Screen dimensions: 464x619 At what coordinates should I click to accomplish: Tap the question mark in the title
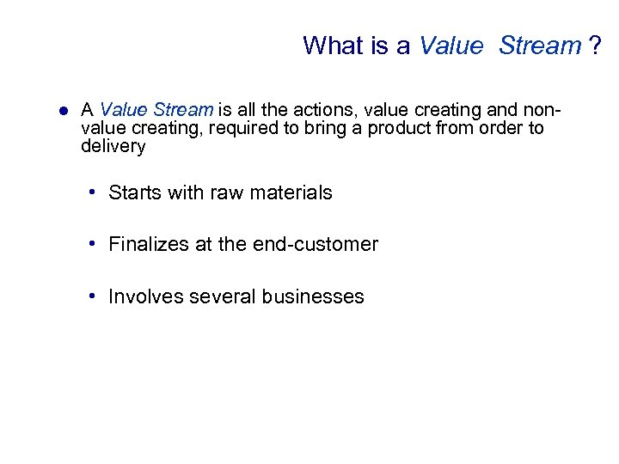coord(595,45)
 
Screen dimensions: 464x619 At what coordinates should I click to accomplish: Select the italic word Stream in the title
coord(539,45)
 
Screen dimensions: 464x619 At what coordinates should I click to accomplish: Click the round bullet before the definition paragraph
coord(62,111)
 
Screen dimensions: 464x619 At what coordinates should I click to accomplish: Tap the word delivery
coord(113,146)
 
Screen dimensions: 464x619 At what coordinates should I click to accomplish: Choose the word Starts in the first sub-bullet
coord(134,192)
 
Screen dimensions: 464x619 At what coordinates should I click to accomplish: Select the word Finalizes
coord(149,244)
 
